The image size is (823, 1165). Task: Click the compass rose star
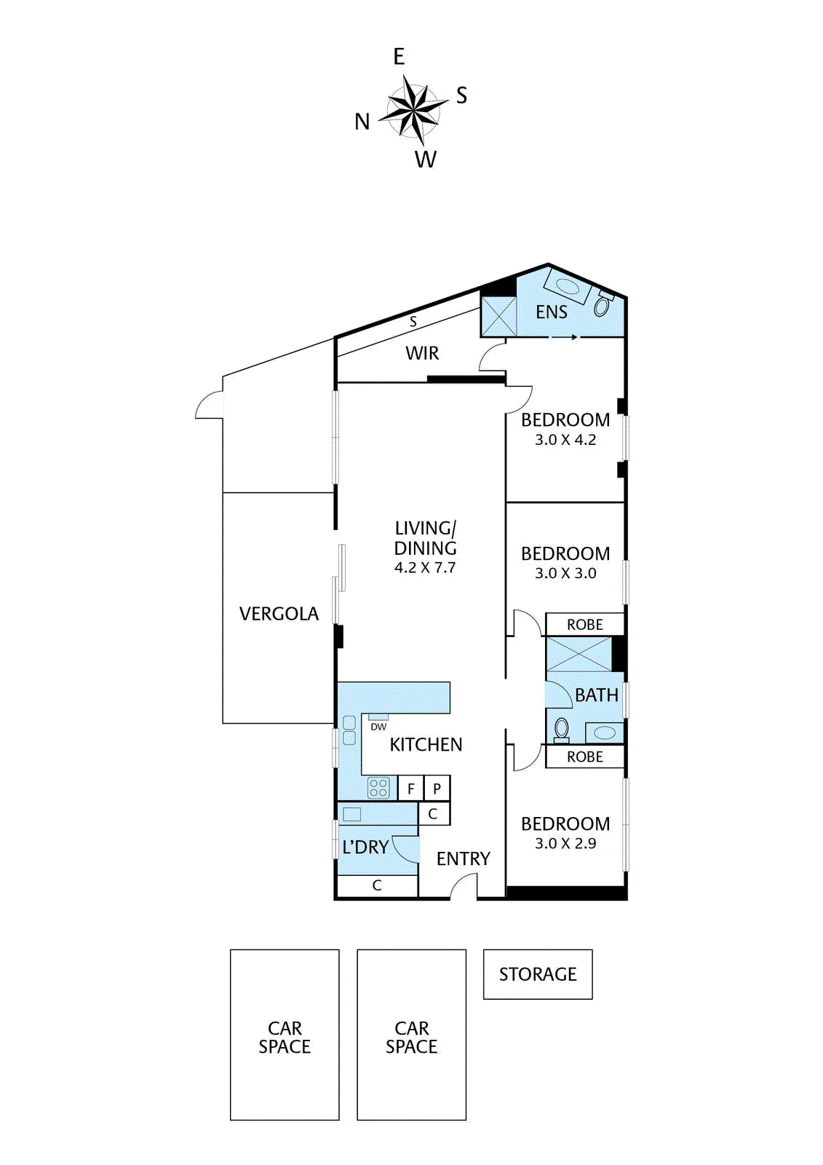point(413,110)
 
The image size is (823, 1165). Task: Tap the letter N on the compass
point(362,122)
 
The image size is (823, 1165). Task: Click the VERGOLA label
point(279,614)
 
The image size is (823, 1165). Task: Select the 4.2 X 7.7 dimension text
point(425,567)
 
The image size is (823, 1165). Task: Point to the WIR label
point(422,354)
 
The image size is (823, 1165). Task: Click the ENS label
point(552,312)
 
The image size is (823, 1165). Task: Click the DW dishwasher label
point(378,727)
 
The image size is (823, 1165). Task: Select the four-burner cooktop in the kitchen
point(378,787)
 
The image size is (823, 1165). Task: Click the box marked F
point(410,789)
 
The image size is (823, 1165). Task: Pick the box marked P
point(437,789)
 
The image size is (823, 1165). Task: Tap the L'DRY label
point(365,848)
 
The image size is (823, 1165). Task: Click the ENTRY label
point(464,858)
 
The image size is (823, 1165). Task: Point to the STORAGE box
point(538,974)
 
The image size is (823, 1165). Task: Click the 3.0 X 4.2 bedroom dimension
point(565,440)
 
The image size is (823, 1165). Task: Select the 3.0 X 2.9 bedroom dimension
point(565,843)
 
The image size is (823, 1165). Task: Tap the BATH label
point(597,695)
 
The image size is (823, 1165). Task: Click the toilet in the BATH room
point(562,729)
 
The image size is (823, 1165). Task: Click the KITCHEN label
point(426,745)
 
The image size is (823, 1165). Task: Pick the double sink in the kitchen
point(349,730)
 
